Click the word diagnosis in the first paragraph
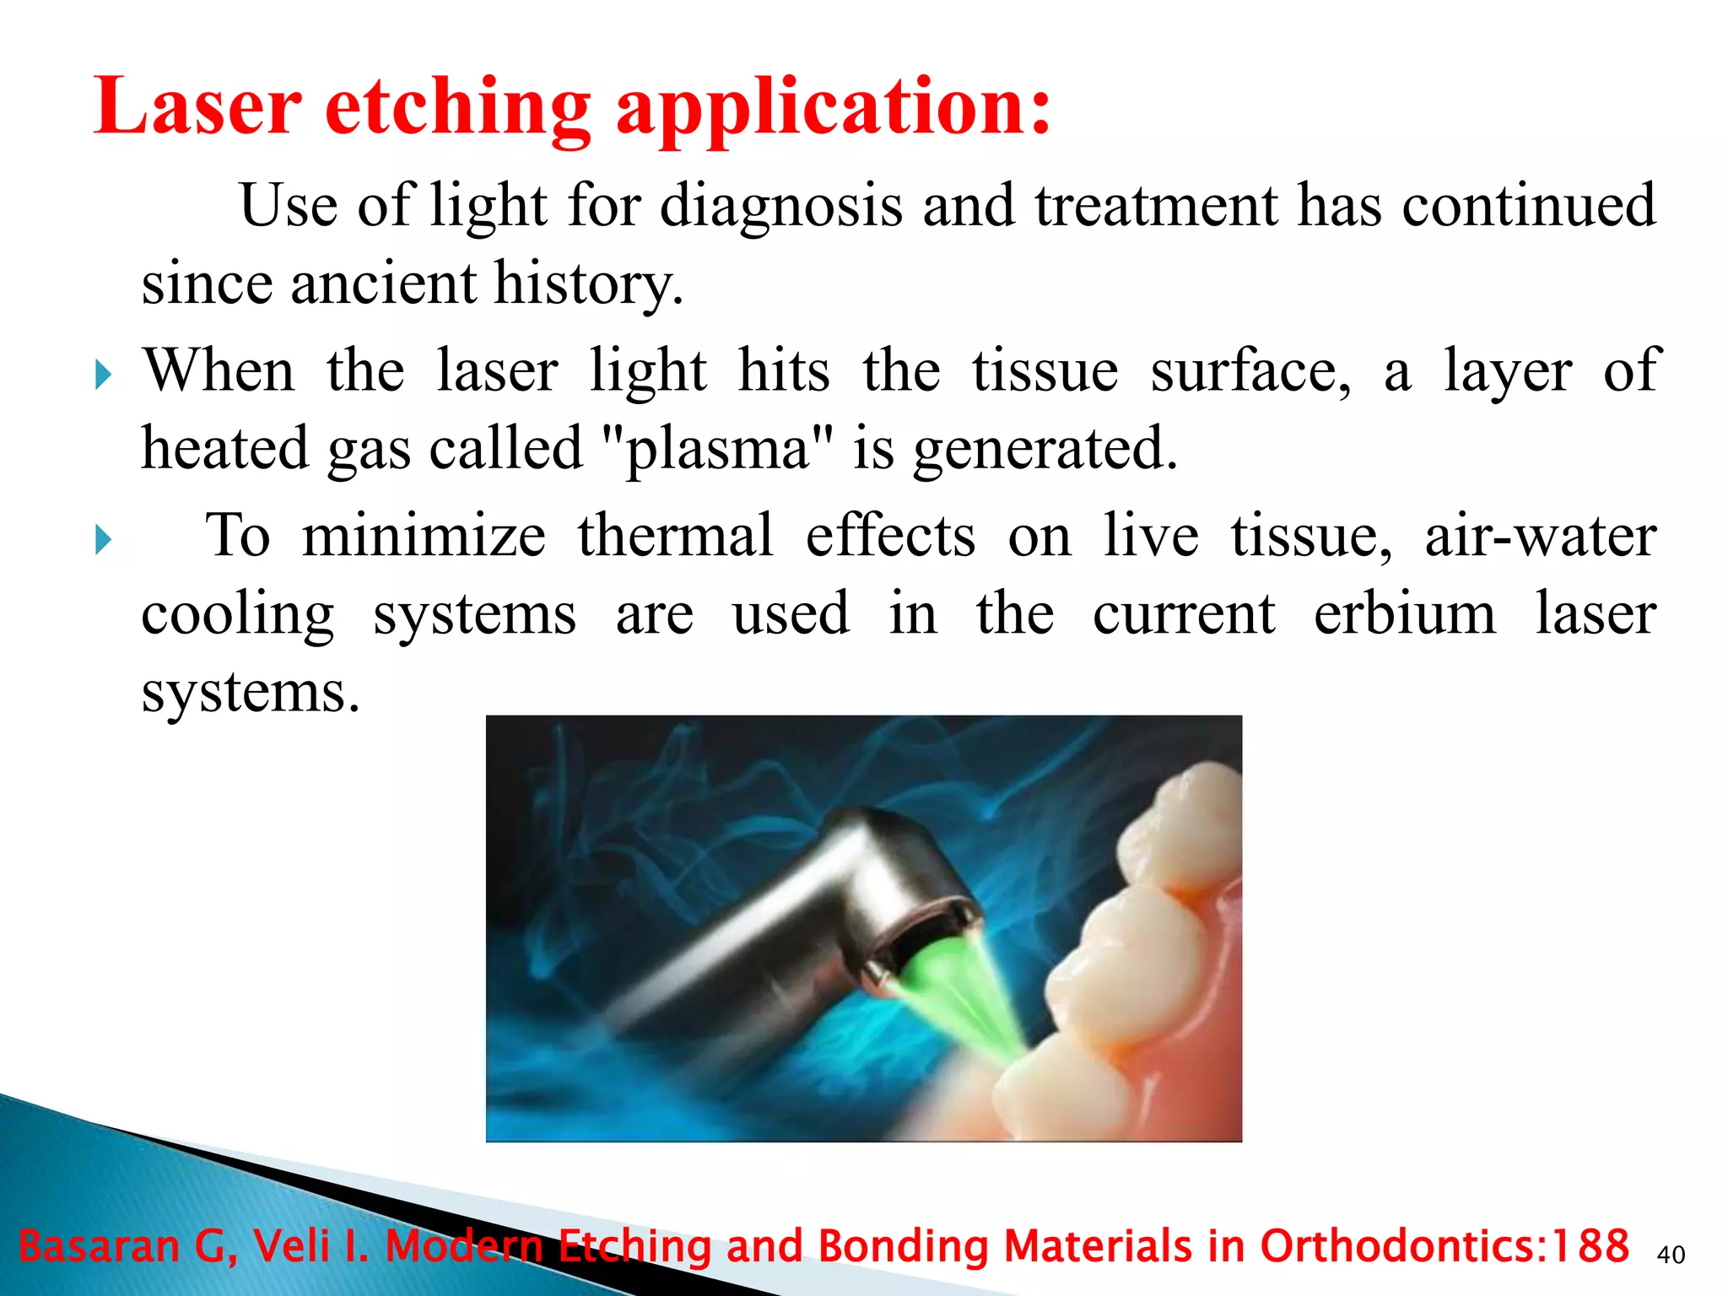[x=780, y=207]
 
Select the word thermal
[x=675, y=536]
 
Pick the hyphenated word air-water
[x=1541, y=536]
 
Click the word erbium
[x=1404, y=614]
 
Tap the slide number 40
[x=1671, y=1255]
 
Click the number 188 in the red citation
[x=1591, y=1245]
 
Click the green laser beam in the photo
[x=970, y=1004]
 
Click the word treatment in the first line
[x=1156, y=207]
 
